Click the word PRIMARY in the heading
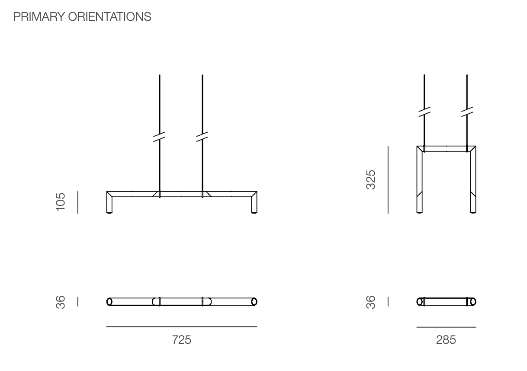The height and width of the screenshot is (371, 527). click(39, 17)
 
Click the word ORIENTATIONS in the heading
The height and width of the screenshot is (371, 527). click(109, 17)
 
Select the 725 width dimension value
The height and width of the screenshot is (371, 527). click(182, 340)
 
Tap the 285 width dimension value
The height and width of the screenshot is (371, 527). click(446, 340)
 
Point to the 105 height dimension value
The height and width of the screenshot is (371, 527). click(60, 202)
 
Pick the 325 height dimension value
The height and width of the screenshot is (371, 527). click(371, 180)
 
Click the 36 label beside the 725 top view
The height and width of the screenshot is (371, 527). click(60, 302)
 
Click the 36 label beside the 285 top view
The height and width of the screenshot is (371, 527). click(371, 302)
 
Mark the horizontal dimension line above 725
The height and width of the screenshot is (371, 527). click(182, 327)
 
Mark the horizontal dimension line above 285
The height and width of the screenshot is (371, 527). click(446, 327)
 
